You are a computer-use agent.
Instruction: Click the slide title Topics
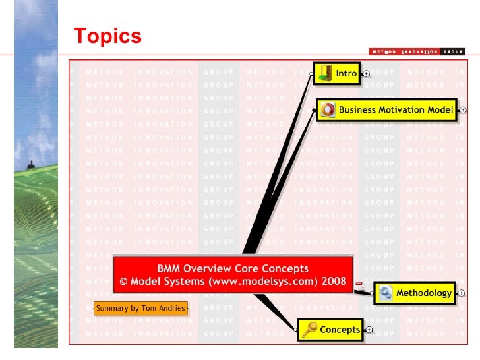[x=107, y=36]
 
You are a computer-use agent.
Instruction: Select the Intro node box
[x=336, y=74]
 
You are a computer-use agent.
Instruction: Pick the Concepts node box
[x=331, y=330]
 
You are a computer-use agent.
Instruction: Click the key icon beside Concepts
[x=310, y=330]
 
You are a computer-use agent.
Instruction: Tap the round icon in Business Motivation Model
[x=328, y=110]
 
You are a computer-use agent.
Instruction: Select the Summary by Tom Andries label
[x=140, y=308]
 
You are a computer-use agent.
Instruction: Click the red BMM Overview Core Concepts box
[x=233, y=275]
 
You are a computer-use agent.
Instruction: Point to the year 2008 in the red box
[x=334, y=282]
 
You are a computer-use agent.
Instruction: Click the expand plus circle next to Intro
[x=366, y=74]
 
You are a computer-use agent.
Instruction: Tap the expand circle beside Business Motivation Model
[x=463, y=110]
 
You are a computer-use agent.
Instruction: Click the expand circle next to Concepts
[x=369, y=330]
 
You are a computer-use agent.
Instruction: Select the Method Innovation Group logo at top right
[x=416, y=51]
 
